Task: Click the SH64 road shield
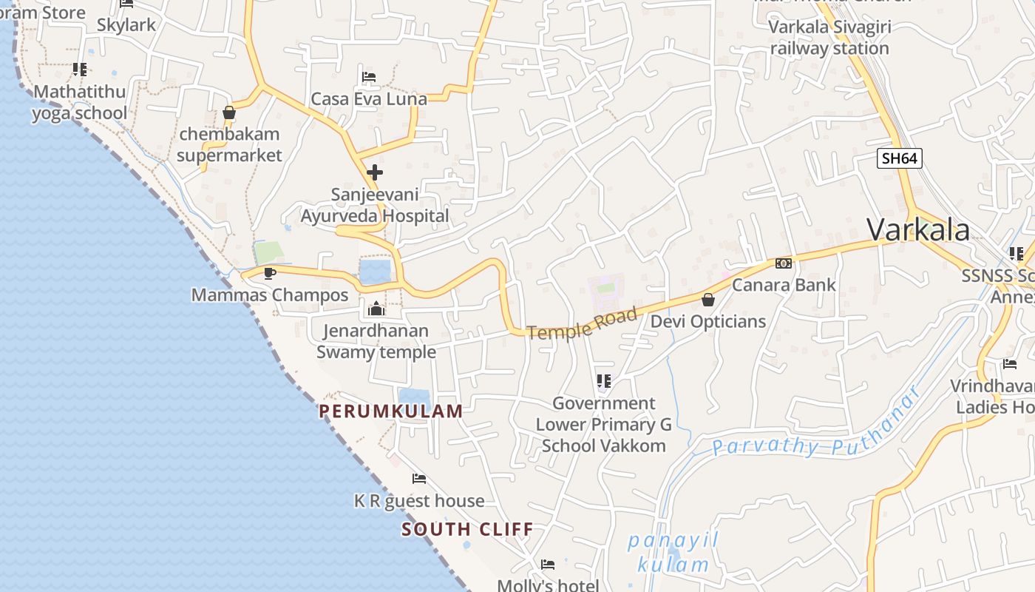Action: click(x=900, y=158)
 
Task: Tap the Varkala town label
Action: click(x=918, y=229)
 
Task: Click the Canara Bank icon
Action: click(x=784, y=263)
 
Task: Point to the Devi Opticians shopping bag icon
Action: click(x=707, y=300)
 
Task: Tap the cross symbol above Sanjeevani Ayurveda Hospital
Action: click(x=375, y=172)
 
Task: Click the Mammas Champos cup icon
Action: click(x=270, y=273)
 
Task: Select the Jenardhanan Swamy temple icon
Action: click(x=376, y=309)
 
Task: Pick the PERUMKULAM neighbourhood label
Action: click(x=391, y=411)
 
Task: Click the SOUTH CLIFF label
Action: click(x=467, y=529)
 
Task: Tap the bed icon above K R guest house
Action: click(x=419, y=479)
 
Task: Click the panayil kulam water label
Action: click(x=673, y=554)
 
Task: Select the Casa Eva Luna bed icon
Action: click(x=369, y=77)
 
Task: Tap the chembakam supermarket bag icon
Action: click(x=229, y=113)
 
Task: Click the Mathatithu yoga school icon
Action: click(x=80, y=70)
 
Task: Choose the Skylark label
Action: click(x=126, y=25)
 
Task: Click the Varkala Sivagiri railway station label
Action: click(x=829, y=38)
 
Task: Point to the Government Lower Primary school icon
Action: click(x=604, y=381)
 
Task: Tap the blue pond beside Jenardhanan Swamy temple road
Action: click(x=375, y=272)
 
